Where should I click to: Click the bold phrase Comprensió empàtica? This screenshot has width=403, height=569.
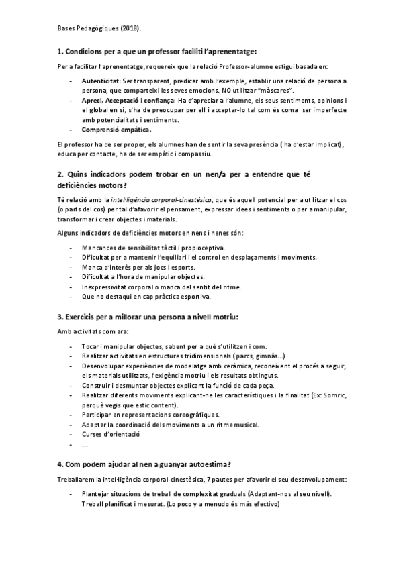116,129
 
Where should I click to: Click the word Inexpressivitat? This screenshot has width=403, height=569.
106,287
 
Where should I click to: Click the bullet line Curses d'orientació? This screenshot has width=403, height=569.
111,434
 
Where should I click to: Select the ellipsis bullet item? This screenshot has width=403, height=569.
84,444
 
